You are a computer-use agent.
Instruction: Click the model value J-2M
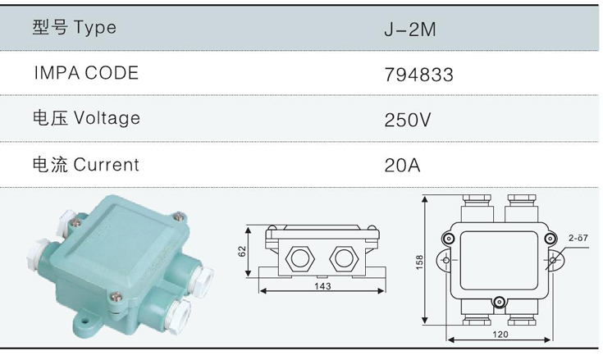(x=410, y=30)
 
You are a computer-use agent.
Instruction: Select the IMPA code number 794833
(x=418, y=75)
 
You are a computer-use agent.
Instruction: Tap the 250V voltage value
(x=408, y=120)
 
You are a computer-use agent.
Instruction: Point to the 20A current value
(x=402, y=165)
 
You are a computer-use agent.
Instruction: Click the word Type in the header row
(x=95, y=28)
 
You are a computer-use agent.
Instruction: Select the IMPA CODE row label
(x=86, y=73)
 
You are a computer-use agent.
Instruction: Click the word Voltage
(x=107, y=118)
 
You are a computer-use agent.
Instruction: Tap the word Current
(x=106, y=165)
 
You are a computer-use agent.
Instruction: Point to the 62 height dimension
(x=241, y=251)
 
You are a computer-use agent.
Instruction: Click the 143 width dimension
(x=322, y=286)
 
